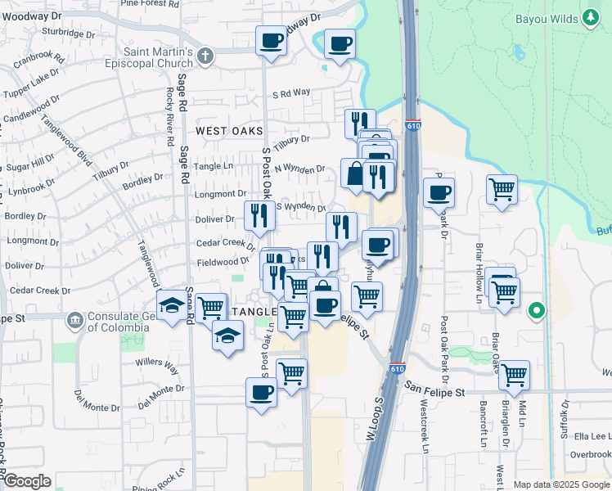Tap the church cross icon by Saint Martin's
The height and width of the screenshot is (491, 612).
[204, 56]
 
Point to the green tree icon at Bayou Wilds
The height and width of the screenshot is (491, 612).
[592, 18]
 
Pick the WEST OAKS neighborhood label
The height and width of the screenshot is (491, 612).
[229, 131]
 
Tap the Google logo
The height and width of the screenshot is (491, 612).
[26, 481]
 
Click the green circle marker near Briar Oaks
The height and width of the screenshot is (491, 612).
[537, 310]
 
